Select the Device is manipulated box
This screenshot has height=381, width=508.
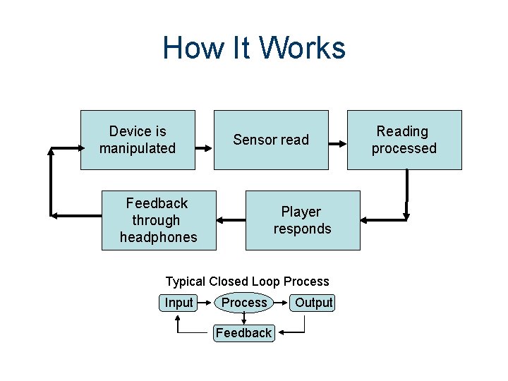coord(138,140)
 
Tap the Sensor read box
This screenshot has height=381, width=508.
coord(271,140)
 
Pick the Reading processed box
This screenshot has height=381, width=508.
coord(404,140)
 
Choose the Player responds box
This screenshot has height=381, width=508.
coord(302,220)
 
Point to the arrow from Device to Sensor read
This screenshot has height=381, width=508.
coord(204,148)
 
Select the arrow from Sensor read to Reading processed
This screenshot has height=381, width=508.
coord(337,146)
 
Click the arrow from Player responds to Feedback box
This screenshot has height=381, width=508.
coord(231,221)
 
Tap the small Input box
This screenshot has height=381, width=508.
coord(179,303)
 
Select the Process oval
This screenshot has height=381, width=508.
coord(244,303)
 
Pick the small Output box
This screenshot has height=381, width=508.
coord(313,303)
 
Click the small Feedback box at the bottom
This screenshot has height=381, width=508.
coord(243,332)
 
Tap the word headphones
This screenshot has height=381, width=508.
coord(159,237)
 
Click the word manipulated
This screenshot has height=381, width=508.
coord(138,148)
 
